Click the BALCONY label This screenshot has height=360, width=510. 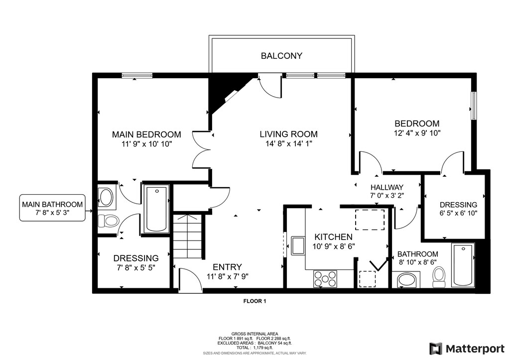coord(281,56)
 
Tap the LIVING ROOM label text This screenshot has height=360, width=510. coord(288,134)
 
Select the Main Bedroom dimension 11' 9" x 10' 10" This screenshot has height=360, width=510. coord(147,144)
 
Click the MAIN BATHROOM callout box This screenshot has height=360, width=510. coord(52,208)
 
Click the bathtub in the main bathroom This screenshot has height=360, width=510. coord(156,209)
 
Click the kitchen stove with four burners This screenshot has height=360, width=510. coord(325,279)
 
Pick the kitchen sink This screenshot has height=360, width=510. coord(298,246)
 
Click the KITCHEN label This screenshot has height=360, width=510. coord(333,237)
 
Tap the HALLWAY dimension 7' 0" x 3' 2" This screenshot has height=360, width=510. coord(386,196)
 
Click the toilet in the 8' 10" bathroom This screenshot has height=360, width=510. coord(439,277)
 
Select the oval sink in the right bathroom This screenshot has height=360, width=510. coord(407,280)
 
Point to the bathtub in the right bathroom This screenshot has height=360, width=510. coord(463,265)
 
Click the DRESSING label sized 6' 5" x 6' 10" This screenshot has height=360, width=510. coord(458,205)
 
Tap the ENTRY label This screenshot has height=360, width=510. coord(227,267)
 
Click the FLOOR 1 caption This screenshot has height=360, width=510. coord(255,301)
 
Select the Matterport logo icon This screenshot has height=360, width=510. coord(436,349)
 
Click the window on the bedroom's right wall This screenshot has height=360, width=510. coord(474,106)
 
